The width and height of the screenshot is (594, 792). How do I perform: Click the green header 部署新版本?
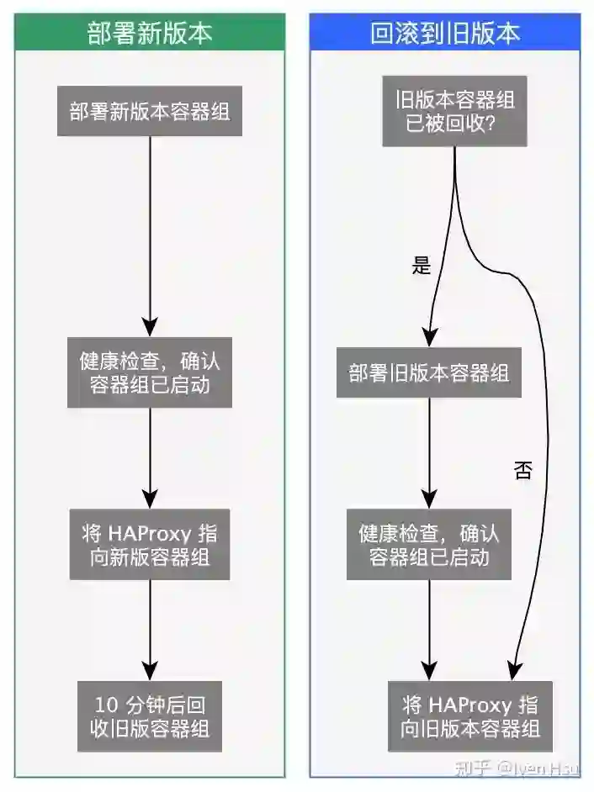tap(150, 33)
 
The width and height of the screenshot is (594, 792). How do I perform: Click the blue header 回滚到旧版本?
tap(445, 33)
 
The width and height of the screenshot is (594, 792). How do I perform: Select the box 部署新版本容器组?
tap(150, 112)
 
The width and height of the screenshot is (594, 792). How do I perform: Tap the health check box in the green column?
tap(150, 372)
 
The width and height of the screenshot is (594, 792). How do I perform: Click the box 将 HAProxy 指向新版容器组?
tap(150, 544)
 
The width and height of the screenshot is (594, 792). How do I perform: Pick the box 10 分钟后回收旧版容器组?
tap(150, 715)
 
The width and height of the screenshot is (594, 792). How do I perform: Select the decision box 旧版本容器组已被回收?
tap(455, 112)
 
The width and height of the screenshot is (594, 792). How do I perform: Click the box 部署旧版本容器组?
tap(429, 372)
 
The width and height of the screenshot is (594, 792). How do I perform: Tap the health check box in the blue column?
tap(429, 544)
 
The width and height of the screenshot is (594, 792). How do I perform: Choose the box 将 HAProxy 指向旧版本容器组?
tap(470, 715)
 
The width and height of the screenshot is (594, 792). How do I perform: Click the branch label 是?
tap(422, 267)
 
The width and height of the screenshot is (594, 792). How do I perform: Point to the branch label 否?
tap(522, 470)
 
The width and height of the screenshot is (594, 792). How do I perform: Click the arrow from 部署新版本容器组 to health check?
tap(150, 235)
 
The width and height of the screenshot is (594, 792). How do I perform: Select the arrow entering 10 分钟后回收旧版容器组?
tap(150, 631)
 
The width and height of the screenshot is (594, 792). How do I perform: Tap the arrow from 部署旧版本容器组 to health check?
tap(429, 454)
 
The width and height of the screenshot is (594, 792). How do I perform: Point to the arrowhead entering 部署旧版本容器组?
tap(430, 338)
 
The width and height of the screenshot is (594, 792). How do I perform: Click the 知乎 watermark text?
tap(468, 768)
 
